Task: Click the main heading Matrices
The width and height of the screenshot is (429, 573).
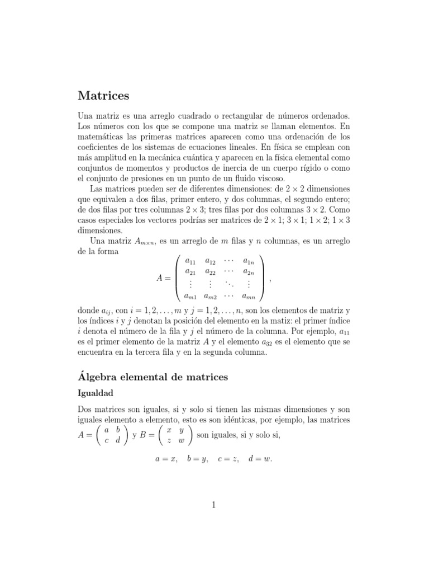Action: pyautogui.click(x=103, y=96)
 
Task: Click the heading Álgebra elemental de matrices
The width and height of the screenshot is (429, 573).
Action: pyautogui.click(x=152, y=377)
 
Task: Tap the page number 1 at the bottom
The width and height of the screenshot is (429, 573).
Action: pyautogui.click(x=213, y=505)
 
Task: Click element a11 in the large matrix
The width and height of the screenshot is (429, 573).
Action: pyautogui.click(x=192, y=261)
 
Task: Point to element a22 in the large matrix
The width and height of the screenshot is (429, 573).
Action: pyautogui.click(x=211, y=272)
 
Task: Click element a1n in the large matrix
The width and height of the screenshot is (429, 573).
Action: pyautogui.click(x=248, y=261)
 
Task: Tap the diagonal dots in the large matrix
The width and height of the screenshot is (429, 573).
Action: pyautogui.click(x=230, y=284)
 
